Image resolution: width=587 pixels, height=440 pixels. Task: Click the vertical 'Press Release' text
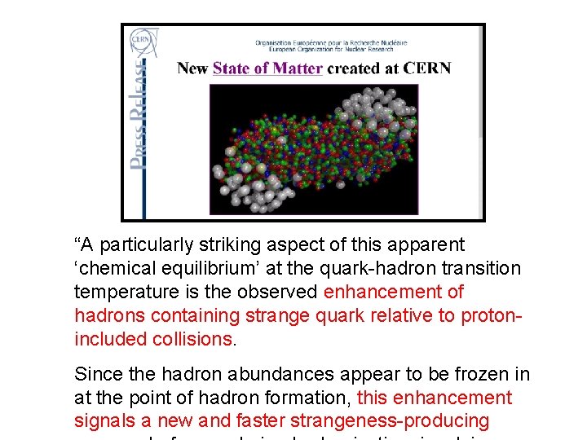tap(139, 118)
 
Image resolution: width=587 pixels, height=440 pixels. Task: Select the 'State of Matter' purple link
tap(267, 68)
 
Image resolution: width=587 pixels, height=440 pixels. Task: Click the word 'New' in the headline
tap(192, 68)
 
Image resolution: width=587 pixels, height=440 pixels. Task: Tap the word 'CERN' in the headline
tap(426, 68)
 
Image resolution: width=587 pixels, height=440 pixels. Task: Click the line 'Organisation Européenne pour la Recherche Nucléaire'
tap(331, 42)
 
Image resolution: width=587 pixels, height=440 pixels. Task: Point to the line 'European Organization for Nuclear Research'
tap(331, 50)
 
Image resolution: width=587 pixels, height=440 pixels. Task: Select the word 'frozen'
tap(481, 375)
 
